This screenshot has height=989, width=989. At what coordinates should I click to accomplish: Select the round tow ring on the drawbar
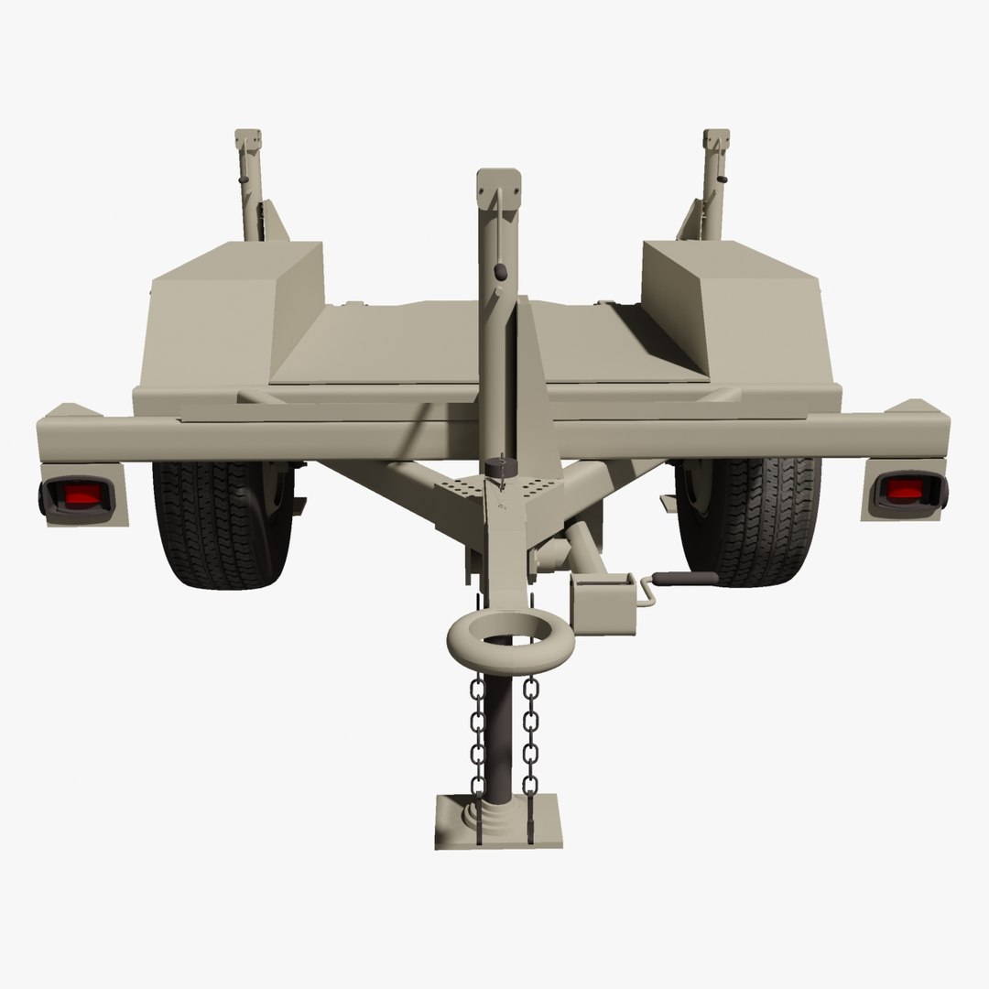(510, 642)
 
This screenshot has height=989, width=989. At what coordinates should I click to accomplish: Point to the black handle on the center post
(500, 272)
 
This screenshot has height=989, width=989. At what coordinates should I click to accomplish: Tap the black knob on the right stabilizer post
(722, 179)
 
